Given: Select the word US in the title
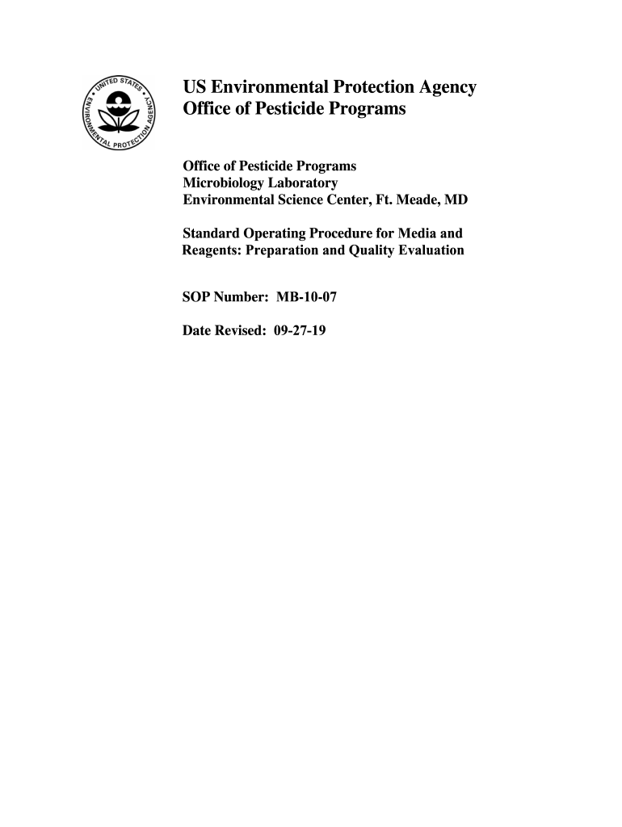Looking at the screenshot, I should click(x=195, y=88).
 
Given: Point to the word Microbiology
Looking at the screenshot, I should click(x=220, y=183).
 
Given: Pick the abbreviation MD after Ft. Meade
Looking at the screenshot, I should click(x=457, y=199).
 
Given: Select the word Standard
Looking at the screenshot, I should click(x=212, y=233).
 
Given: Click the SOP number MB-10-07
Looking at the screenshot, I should click(x=306, y=297).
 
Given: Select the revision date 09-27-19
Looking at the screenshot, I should click(x=300, y=330).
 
